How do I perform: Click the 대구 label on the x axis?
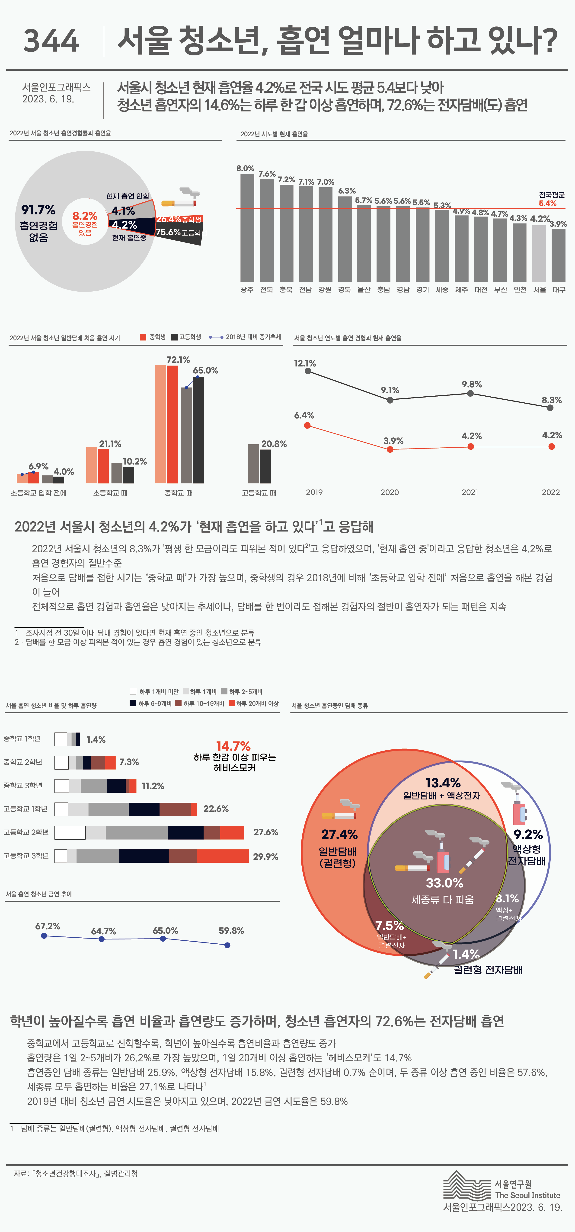point(559,290)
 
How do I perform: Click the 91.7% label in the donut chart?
point(38,210)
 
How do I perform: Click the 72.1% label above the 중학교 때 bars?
point(178,360)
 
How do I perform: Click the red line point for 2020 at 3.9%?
point(390,449)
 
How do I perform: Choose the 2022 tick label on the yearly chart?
point(551,492)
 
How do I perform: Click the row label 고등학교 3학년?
point(26,856)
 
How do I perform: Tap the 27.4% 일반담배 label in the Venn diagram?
point(339,834)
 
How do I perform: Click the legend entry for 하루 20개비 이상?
point(254,704)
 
